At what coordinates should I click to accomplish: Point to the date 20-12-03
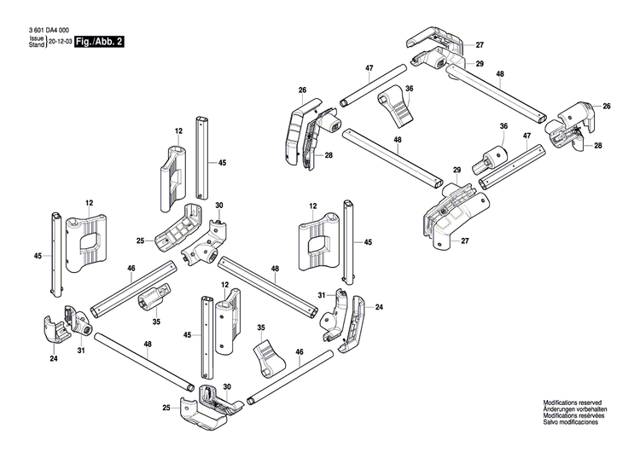coord(60,41)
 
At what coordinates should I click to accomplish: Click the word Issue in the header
coord(36,38)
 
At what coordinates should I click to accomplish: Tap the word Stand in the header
coord(36,44)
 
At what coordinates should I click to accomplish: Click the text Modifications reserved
coord(573,402)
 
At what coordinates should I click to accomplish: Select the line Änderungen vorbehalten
coord(573,409)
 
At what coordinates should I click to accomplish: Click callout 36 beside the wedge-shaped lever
coord(410,89)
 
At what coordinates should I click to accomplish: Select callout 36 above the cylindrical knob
coord(503,126)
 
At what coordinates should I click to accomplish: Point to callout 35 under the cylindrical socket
coord(156,322)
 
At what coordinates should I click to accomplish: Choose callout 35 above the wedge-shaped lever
coord(262,327)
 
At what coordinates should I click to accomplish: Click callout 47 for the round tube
coord(369,67)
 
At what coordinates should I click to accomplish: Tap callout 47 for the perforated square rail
coord(526,136)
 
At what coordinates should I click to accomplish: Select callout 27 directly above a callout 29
coord(480,44)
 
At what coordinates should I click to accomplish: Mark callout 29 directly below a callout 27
coord(480,65)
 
